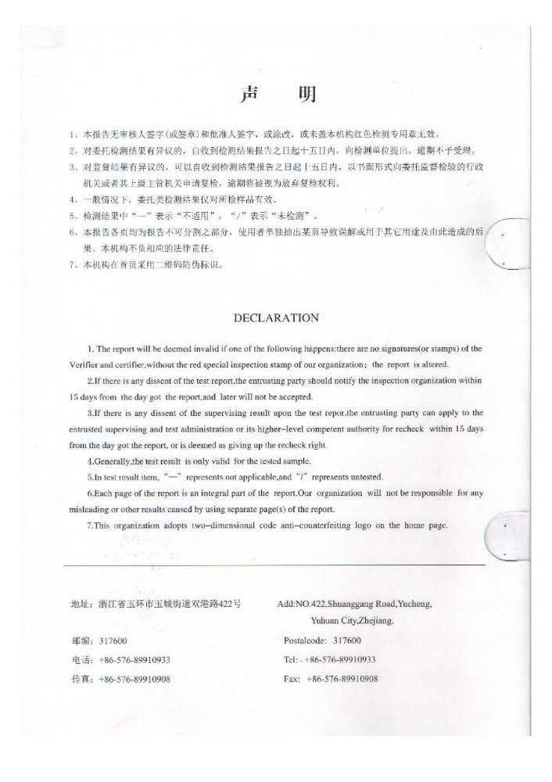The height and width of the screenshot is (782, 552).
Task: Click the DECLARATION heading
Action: (277, 317)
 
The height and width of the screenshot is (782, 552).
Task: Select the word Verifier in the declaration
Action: (87, 365)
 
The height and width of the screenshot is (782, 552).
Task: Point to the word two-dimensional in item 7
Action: (221, 525)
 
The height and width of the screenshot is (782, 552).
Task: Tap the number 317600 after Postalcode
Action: (340, 640)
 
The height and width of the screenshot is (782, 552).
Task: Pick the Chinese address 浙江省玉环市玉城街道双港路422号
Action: (170, 604)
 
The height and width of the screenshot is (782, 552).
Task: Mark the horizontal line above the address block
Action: (274, 564)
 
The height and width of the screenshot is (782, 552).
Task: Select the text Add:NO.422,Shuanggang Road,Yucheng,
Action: (354, 604)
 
